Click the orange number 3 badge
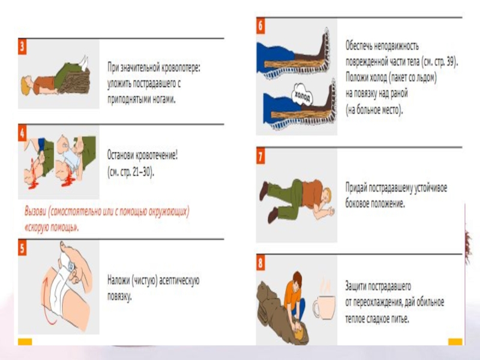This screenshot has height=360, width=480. (22, 47)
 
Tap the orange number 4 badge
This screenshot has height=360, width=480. (22, 133)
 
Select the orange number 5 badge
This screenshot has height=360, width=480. (22, 248)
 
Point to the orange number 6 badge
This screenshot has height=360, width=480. (260, 26)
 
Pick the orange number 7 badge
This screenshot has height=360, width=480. (260, 157)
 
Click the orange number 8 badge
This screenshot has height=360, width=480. (260, 263)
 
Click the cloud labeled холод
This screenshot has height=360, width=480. (302, 95)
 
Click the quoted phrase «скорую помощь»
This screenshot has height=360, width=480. (51, 227)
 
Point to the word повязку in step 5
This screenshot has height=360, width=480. (119, 296)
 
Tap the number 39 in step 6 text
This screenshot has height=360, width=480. (451, 62)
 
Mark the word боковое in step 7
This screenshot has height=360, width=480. (356, 203)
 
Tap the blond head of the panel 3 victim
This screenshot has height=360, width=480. (26, 85)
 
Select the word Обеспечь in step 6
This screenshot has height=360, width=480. (359, 46)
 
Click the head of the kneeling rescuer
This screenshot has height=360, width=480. (296, 279)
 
